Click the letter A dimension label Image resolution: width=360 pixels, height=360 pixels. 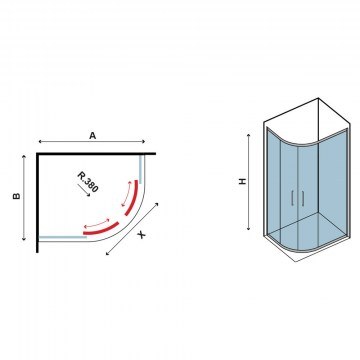click(92, 135)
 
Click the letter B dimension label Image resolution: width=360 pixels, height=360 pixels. click(17, 196)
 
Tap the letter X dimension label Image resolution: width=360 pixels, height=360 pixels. click(142, 235)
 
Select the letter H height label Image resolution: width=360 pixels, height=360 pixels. click(243, 181)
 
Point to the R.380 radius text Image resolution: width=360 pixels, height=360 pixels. click(88, 182)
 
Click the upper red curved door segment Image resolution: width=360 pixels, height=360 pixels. click(131, 198)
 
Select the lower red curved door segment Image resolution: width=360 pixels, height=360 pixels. click(101, 229)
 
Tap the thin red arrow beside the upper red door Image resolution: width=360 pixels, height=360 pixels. click(125, 194)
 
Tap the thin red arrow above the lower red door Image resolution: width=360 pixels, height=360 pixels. click(97, 223)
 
